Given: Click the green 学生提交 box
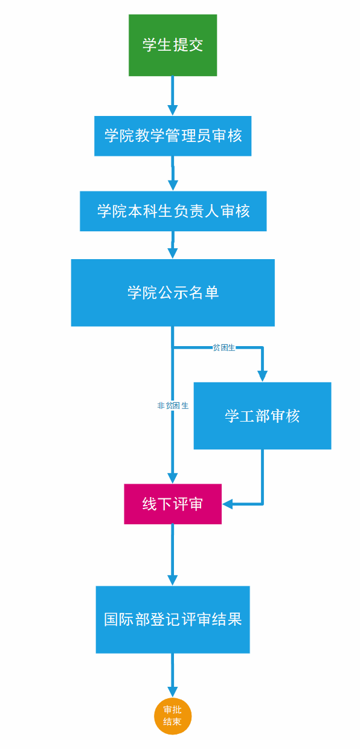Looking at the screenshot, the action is tap(173, 45).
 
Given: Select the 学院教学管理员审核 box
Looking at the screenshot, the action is tap(173, 136).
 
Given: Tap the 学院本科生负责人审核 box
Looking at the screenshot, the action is tap(173, 211).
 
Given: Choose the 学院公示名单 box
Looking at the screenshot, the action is tap(173, 292).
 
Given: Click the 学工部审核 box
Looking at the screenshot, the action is tap(262, 416).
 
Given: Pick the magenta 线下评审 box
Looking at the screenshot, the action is tap(173, 504).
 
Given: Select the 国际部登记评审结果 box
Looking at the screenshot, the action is tap(173, 620).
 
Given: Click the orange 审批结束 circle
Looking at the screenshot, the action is tap(173, 716).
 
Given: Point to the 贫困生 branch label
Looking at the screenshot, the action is tap(224, 348).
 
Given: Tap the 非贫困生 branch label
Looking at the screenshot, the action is tap(173, 405).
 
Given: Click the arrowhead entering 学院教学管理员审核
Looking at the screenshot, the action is tap(173, 111).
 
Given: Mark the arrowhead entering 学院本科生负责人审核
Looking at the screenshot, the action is tap(173, 185).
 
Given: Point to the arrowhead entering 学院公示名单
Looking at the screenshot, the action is tap(173, 254).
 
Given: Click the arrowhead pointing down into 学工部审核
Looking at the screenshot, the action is tap(262, 376).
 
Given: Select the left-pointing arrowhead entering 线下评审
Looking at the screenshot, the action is tap(227, 504).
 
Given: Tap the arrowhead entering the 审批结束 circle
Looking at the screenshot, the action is tap(173, 692).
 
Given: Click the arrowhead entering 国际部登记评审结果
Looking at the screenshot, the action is tap(173, 580).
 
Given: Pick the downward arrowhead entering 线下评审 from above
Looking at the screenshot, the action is tap(173, 478).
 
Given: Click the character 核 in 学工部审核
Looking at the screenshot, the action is tap(293, 416).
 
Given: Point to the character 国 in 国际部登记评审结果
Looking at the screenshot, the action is tap(111, 620).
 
